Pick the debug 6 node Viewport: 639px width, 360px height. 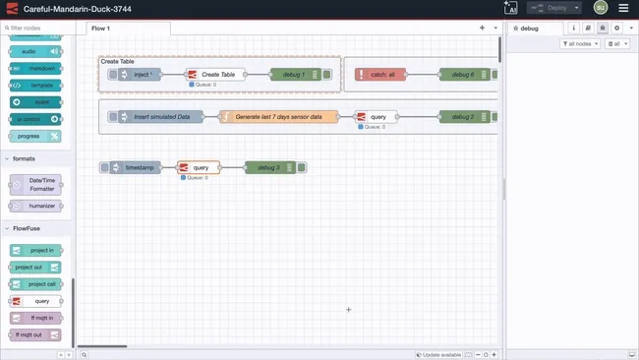tap(463, 74)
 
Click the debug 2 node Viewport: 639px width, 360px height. tap(463, 116)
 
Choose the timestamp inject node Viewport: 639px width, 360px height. tap(139, 168)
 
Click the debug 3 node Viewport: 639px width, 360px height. tap(268, 168)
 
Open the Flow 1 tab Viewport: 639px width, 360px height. tap(101, 29)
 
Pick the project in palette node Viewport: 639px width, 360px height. tap(36, 250)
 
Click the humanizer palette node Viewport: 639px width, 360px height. tap(36, 206)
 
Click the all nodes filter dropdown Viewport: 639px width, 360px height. tap(579, 44)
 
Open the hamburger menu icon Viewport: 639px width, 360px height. tap(623, 8)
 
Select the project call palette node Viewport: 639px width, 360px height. tap(36, 284)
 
